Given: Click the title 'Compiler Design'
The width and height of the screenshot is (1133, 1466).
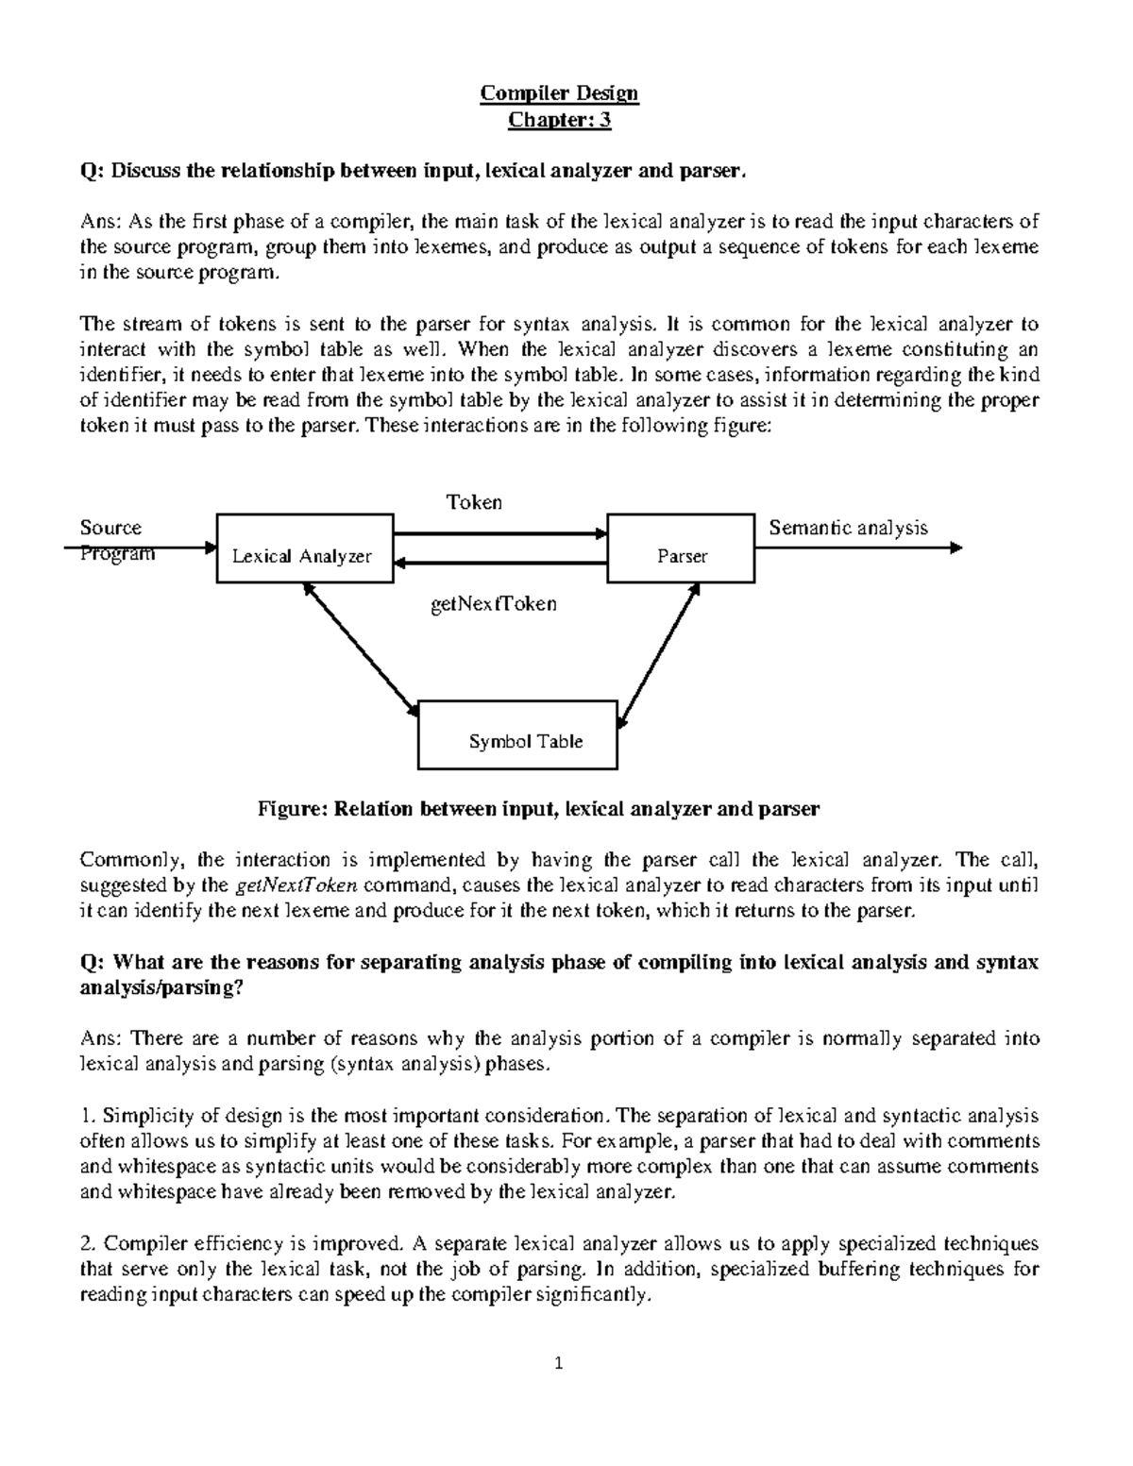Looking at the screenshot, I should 559,93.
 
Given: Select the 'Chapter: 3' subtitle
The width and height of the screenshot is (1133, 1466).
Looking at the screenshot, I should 560,120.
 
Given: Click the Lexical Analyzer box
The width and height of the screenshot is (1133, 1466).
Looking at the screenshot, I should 305,549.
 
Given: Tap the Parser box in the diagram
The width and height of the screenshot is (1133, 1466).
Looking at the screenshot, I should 681,548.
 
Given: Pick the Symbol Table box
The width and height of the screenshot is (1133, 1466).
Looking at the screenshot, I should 517,734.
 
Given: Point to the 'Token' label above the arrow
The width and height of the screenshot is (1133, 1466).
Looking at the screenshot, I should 474,502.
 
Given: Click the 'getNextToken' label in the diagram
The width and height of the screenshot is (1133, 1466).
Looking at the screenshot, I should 494,603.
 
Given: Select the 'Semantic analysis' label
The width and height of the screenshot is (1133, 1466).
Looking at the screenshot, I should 848,528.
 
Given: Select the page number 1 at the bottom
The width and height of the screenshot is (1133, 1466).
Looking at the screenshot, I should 559,1362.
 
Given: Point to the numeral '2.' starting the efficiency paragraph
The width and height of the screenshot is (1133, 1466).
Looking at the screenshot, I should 88,1243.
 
